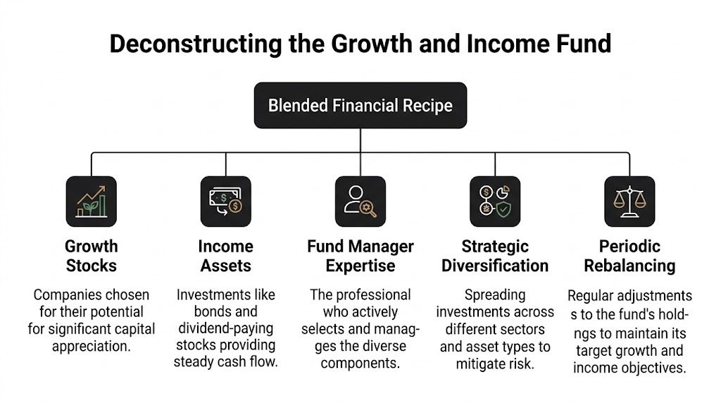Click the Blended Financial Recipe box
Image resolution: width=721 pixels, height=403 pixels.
pyautogui.click(x=360, y=106)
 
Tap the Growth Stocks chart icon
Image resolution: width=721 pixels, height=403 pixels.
pyautogui.click(x=91, y=201)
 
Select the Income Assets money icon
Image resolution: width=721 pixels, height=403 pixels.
pyautogui.click(x=225, y=201)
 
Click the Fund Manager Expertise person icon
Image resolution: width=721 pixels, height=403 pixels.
pyautogui.click(x=360, y=201)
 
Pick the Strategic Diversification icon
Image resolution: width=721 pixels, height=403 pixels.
pyautogui.click(x=495, y=201)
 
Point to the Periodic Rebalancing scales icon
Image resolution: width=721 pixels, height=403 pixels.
pyautogui.click(x=629, y=201)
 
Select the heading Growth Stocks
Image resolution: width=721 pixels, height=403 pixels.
pyautogui.click(x=91, y=256)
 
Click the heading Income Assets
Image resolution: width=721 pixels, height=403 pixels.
pyautogui.click(x=225, y=256)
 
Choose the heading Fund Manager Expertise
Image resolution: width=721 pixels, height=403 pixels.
pyautogui.click(x=360, y=256)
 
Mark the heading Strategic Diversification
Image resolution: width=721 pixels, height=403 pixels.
pyautogui.click(x=495, y=256)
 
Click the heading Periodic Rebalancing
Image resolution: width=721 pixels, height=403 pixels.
pyautogui.click(x=629, y=256)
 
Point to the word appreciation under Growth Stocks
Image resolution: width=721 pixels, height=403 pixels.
pyautogui.click(x=91, y=345)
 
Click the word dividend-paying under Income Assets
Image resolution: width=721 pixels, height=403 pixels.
pyautogui.click(x=225, y=328)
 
